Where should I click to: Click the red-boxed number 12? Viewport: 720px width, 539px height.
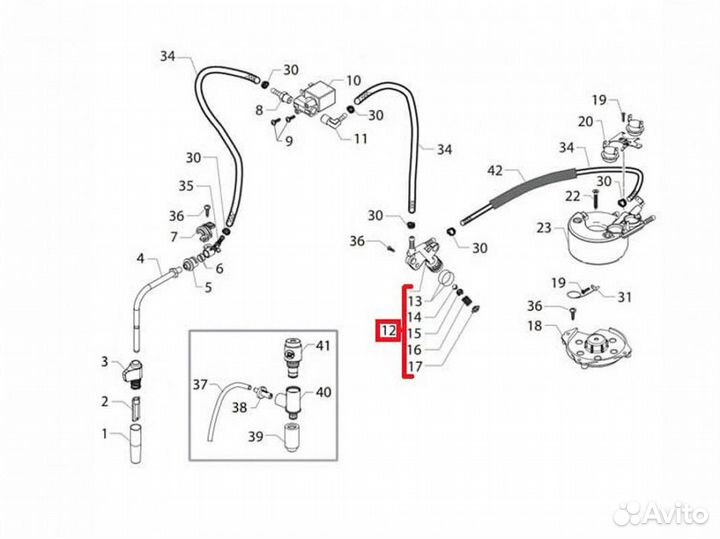388,330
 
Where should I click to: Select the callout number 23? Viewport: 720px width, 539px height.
543,227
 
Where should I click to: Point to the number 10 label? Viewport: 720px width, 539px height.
354,80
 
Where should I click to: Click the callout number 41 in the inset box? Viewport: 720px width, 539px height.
323,346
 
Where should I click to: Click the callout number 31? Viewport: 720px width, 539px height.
625,296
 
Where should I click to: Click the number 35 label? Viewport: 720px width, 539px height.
186,186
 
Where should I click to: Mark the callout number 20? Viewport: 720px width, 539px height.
585,122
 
